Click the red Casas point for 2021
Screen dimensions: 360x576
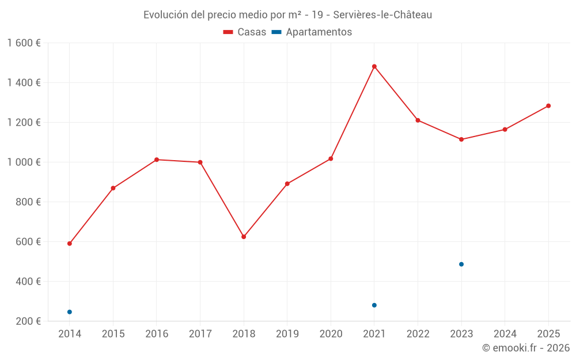374,66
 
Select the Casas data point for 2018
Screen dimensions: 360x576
244,237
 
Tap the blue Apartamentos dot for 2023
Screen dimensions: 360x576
461,264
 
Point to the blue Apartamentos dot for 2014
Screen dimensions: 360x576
70,312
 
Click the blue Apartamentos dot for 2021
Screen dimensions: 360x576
374,305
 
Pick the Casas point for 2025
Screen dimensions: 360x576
548,106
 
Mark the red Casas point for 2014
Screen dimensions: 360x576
70,244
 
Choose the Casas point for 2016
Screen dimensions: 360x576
157,160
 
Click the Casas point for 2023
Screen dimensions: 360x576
461,139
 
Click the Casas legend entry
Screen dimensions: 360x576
245,32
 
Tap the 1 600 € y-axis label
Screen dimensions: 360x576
24,43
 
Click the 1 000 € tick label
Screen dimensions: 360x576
24,162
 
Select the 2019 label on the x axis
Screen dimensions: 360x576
287,334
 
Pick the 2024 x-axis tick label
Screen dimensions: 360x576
505,334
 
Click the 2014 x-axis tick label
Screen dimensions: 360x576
70,334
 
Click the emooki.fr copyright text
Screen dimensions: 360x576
526,348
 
